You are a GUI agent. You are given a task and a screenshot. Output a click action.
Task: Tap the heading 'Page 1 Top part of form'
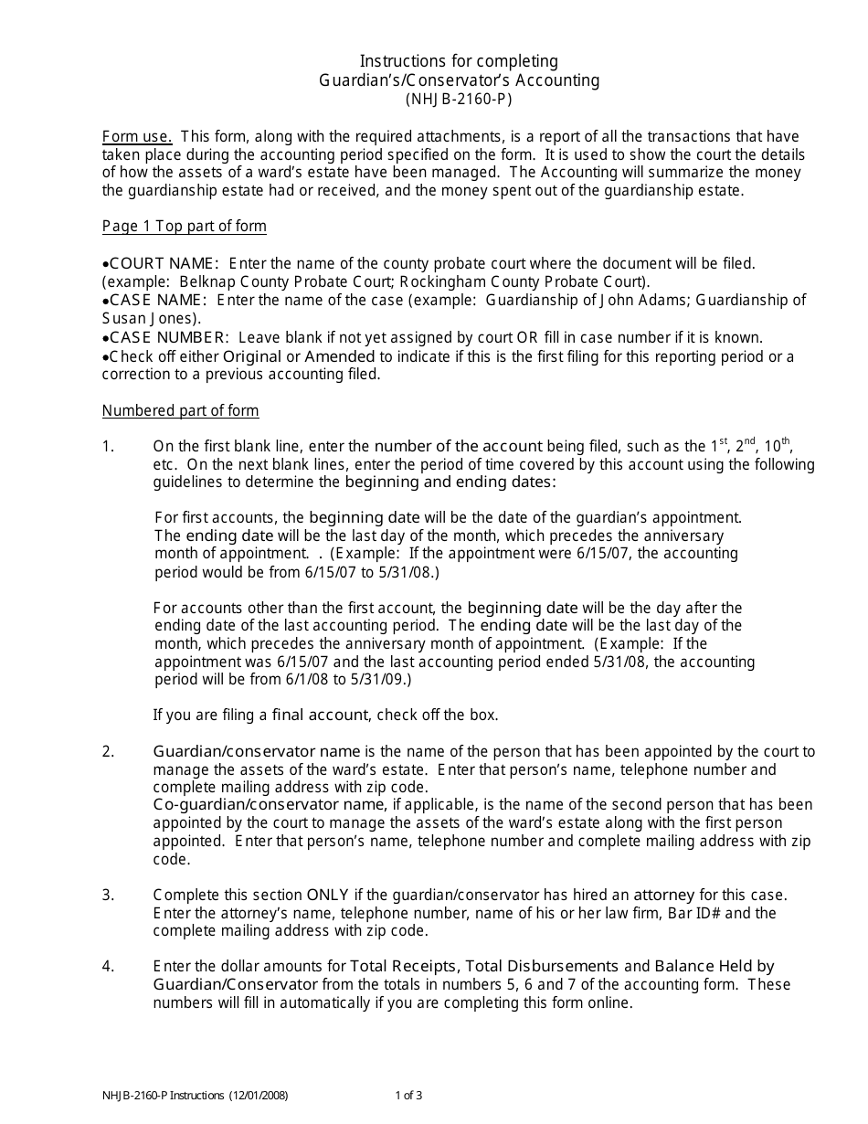click(184, 226)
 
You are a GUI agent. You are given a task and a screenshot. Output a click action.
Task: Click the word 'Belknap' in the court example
click(206, 281)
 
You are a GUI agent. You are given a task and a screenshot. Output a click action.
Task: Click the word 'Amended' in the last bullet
click(339, 355)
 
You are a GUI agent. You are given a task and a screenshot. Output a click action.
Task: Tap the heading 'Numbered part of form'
click(180, 410)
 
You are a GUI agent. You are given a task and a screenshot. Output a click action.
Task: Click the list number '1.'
click(108, 447)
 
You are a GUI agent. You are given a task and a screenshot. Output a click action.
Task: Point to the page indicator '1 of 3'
click(408, 1095)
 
